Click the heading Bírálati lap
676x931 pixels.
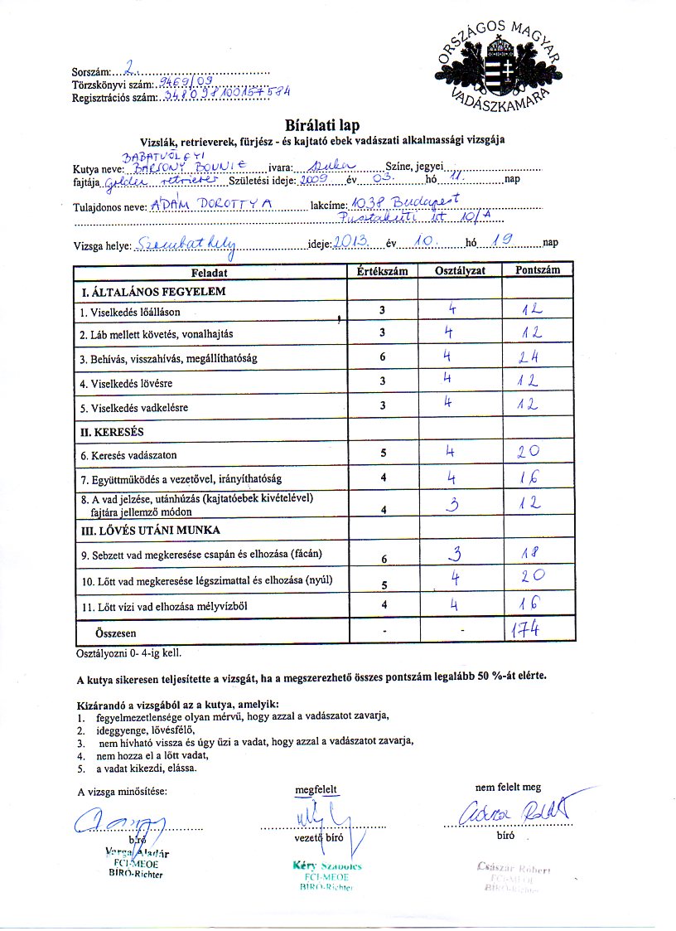(x=322, y=125)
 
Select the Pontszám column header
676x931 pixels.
(x=537, y=270)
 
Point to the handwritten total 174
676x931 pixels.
(x=527, y=631)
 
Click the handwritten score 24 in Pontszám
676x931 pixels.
(x=527, y=359)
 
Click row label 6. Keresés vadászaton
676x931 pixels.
(x=128, y=455)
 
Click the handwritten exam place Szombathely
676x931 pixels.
(x=187, y=244)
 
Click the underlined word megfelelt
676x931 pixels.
(x=316, y=790)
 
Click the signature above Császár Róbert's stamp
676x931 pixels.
(x=518, y=810)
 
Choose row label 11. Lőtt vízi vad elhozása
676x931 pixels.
(x=164, y=607)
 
